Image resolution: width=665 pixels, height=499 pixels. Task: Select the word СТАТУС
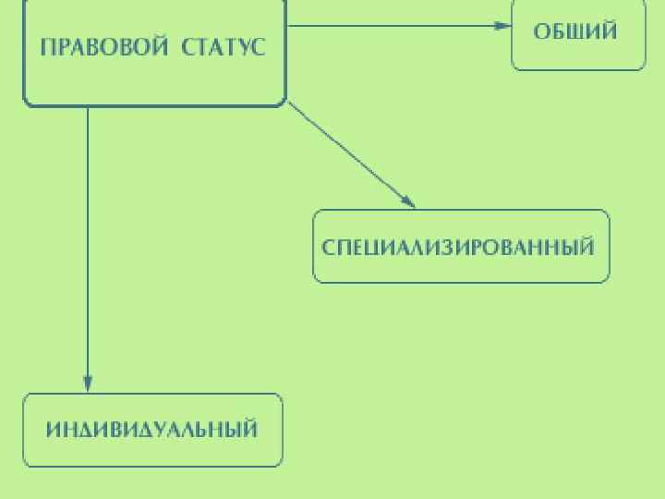point(224,47)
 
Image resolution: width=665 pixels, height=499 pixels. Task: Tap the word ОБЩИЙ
point(575,31)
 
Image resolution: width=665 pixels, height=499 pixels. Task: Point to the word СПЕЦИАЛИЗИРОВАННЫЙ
point(458,248)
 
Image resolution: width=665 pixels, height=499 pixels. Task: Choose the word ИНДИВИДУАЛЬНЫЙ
point(151,430)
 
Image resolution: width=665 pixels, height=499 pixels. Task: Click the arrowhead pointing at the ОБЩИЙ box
point(503,26)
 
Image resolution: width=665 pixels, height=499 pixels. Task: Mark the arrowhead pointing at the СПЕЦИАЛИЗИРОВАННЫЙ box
point(407,201)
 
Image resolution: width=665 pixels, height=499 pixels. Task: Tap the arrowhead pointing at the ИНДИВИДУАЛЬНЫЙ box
point(88,383)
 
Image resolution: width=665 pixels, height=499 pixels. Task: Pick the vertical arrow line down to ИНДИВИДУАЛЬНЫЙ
point(88,240)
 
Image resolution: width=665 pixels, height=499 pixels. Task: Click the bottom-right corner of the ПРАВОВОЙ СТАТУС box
point(284,103)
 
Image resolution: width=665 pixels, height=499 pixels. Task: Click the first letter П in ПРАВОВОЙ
point(47,47)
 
